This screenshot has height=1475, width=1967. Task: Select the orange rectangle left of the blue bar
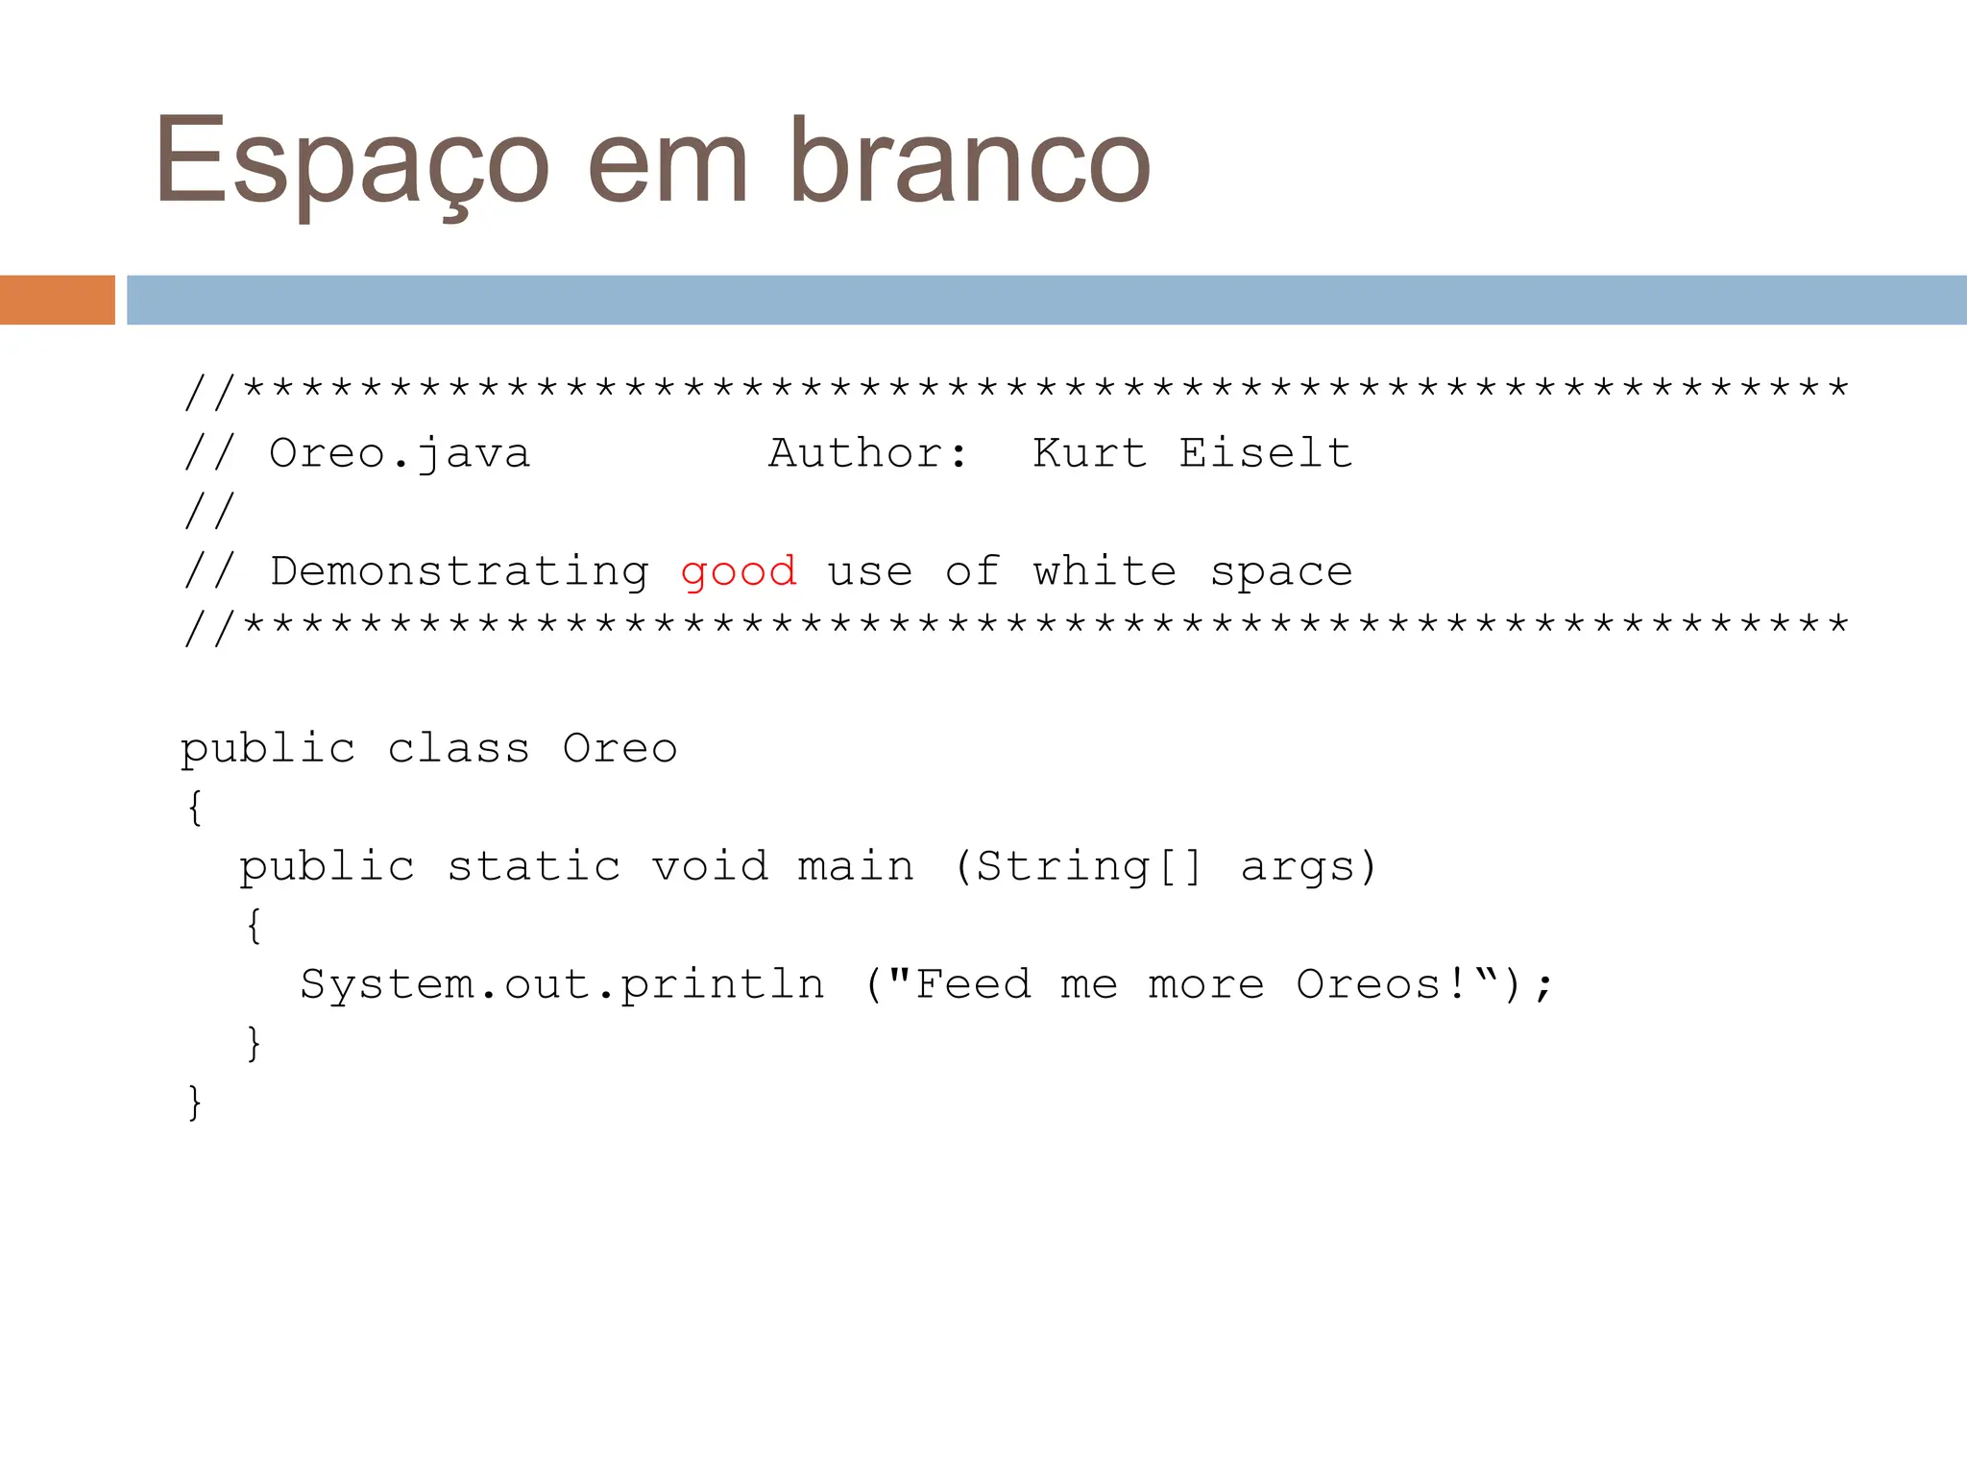[58, 300]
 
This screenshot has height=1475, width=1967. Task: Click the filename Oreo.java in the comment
[400, 453]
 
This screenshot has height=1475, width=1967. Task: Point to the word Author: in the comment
[868, 453]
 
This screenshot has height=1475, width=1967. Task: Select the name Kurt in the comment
[1089, 453]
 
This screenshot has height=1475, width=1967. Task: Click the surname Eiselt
[1266, 453]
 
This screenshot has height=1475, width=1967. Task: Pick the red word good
[739, 572]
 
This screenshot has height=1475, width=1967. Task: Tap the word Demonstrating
[459, 572]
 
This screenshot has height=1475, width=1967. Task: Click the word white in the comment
[1105, 572]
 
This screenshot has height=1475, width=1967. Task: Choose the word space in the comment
[1281, 572]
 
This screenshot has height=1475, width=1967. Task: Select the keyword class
[458, 749]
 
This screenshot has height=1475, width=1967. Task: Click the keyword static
[534, 867]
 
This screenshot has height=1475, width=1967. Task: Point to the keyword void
[711, 867]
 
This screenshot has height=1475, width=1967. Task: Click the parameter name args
[1299, 867]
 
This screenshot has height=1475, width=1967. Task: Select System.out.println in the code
[562, 985]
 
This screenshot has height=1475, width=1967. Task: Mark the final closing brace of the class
[195, 1102]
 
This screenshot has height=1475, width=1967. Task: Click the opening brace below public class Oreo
[195, 808]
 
